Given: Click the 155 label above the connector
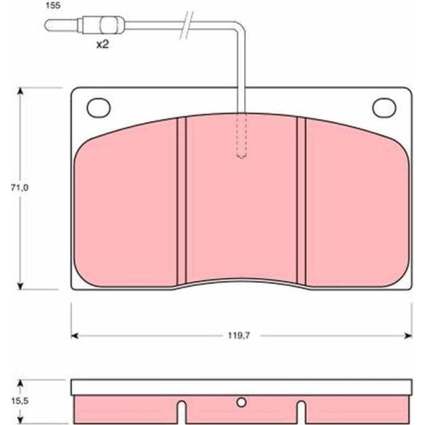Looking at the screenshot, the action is (53, 5).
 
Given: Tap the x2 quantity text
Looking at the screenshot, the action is (103, 44).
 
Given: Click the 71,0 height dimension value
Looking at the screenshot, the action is (19, 188).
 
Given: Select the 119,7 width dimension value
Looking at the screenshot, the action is (239, 336).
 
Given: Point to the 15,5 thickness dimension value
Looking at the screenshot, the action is (19, 401).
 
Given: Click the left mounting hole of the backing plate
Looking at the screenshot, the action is (98, 107).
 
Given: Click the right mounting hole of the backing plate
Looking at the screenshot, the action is (384, 107).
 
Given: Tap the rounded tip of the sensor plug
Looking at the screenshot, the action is (47, 25).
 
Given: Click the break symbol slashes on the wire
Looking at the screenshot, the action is (187, 25).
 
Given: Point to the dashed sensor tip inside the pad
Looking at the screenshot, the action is (241, 135).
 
